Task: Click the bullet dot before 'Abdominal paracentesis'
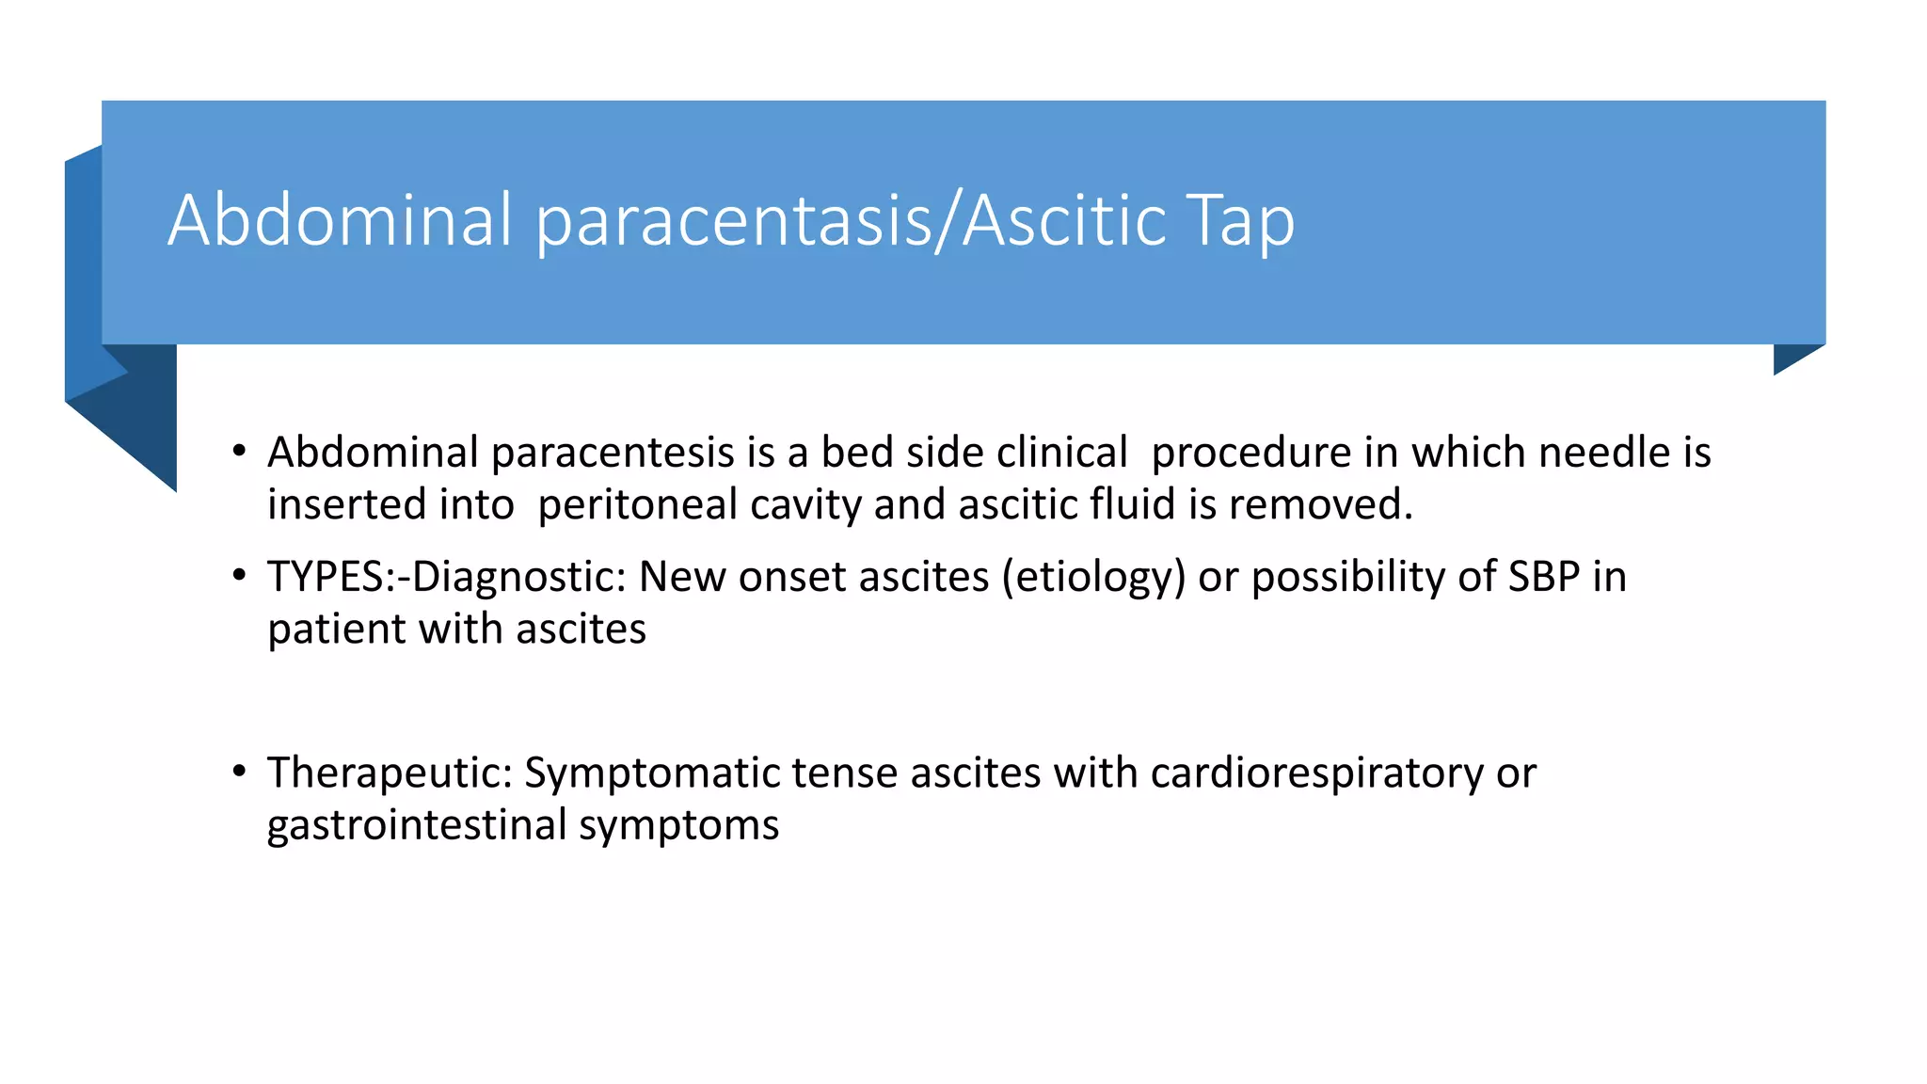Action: pos(240,452)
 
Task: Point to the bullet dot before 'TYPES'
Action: pos(240,576)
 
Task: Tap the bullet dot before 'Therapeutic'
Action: pos(240,772)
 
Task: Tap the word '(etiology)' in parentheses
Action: pos(1093,578)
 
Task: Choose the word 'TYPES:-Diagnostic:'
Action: pos(447,578)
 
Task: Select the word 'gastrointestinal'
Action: pos(417,825)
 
